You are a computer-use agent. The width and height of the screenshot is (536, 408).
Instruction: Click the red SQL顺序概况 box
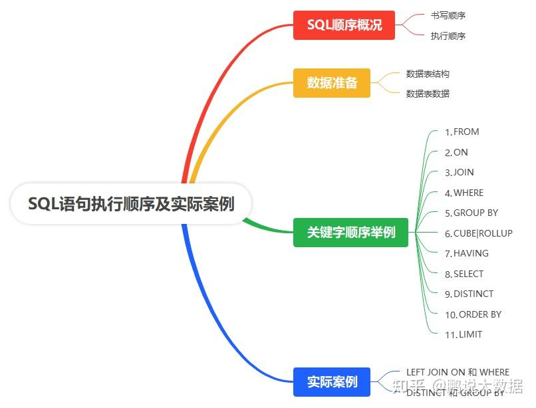click(x=344, y=25)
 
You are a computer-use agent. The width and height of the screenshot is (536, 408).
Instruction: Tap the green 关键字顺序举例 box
click(x=350, y=233)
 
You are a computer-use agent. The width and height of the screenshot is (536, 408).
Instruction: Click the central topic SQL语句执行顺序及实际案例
click(x=131, y=203)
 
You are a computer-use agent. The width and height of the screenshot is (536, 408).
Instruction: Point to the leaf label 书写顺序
click(x=448, y=15)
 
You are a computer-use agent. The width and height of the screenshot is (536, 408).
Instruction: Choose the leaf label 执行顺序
click(x=448, y=36)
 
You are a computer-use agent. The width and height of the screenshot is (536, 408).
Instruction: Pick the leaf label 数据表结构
click(x=428, y=74)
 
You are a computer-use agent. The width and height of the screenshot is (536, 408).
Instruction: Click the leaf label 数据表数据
click(x=428, y=94)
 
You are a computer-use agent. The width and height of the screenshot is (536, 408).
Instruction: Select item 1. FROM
click(x=462, y=132)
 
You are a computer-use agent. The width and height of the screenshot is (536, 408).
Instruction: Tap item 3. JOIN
click(x=460, y=172)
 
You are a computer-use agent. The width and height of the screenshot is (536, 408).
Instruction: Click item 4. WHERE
click(x=464, y=193)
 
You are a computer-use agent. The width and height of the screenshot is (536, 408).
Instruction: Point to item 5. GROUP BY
click(x=471, y=213)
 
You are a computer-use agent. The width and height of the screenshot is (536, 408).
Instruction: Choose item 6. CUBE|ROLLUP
click(x=479, y=233)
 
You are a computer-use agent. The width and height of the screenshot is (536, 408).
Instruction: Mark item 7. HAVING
click(x=467, y=253)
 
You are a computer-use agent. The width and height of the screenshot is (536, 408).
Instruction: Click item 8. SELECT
click(x=464, y=274)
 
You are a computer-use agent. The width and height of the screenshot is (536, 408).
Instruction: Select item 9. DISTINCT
click(x=469, y=294)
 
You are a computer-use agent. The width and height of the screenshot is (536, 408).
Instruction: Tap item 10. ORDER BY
click(x=473, y=314)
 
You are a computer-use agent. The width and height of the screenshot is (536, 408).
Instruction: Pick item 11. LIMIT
click(x=464, y=334)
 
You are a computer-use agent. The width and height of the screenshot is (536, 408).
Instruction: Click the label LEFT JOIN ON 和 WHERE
click(x=458, y=372)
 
